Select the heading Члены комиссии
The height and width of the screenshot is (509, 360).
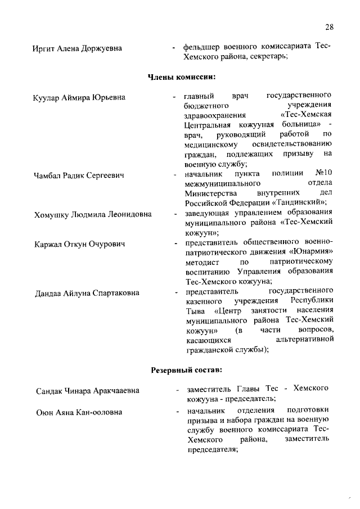pyautogui.click(x=182, y=76)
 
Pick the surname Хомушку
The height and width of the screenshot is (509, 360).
pyautogui.click(x=52, y=215)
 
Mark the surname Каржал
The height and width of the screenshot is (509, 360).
pyautogui.click(x=48, y=244)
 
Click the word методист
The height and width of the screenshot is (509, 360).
pyautogui.click(x=201, y=262)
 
